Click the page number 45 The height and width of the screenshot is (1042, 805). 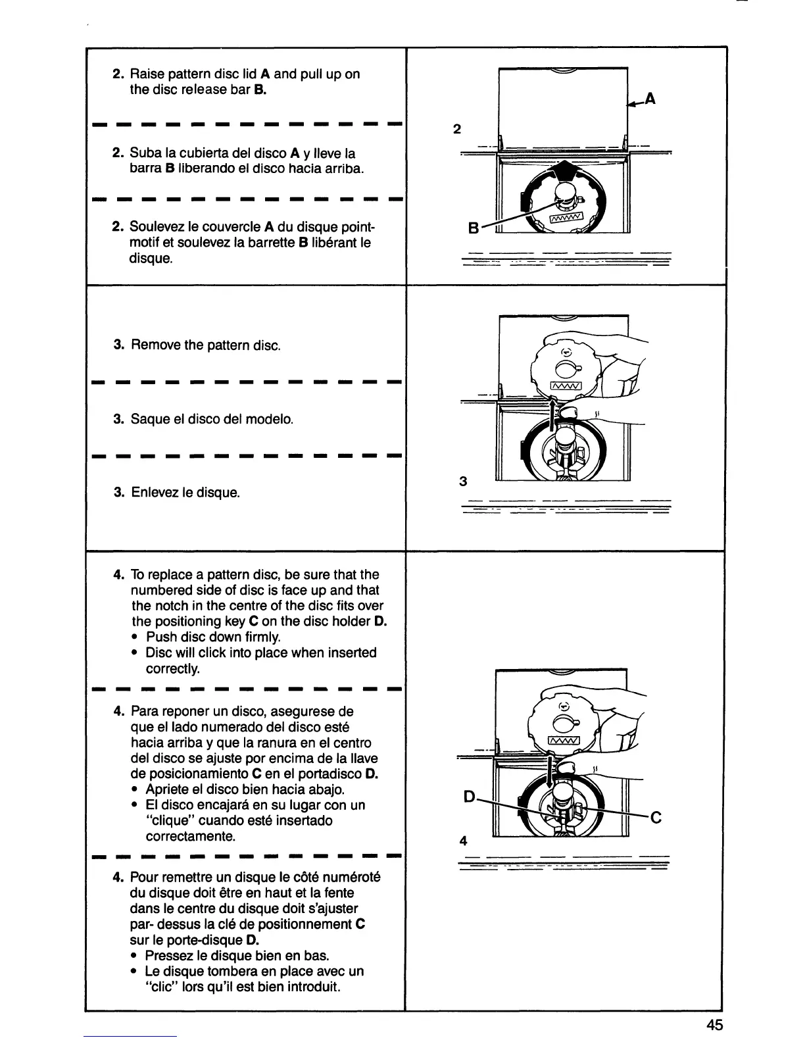(715, 1025)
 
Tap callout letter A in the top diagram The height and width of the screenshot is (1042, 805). (650, 99)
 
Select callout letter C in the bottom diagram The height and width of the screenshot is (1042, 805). (655, 818)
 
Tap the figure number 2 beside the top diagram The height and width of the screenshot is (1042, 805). (457, 129)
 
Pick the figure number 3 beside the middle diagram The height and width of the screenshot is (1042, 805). (463, 482)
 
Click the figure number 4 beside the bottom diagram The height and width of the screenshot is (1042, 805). (464, 841)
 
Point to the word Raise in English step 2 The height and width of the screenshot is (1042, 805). (147, 74)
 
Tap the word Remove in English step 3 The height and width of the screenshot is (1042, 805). (153, 345)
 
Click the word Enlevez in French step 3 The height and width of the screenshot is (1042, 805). (155, 492)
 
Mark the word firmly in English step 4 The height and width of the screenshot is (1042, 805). (262, 637)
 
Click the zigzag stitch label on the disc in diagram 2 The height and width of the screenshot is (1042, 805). (566, 218)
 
